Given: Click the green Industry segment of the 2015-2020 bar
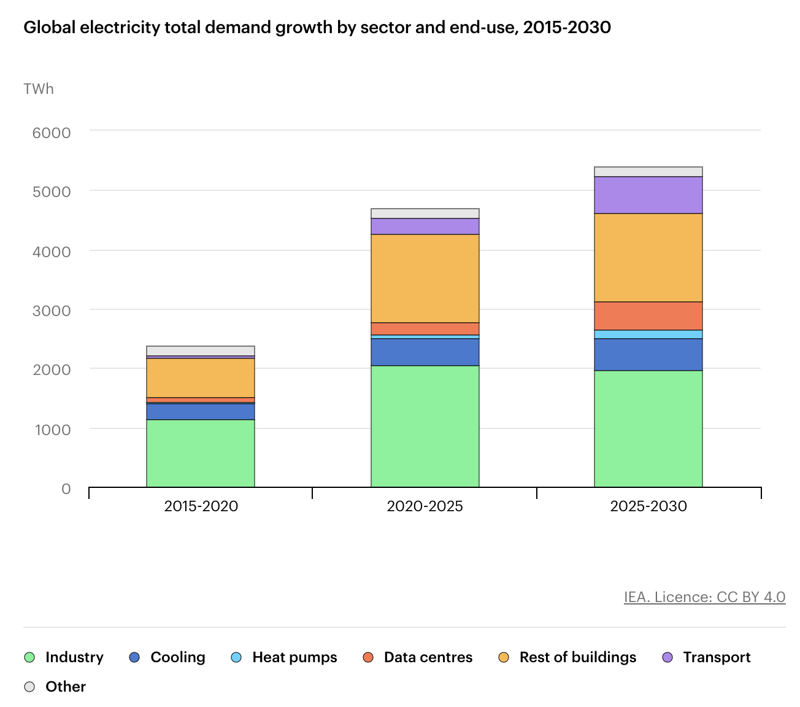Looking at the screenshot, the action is (200, 453).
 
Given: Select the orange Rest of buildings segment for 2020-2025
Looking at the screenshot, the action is (425, 279).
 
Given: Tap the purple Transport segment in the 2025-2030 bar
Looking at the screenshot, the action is (648, 195).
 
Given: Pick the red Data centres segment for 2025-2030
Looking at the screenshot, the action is (648, 316).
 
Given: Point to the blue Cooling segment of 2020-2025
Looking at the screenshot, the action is (425, 352).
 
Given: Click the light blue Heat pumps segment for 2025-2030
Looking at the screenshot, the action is (648, 334).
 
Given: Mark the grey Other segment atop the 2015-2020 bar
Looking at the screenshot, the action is (200, 350).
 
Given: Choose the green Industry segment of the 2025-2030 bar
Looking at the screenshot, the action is (648, 428).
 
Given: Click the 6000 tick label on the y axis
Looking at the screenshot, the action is (52, 133).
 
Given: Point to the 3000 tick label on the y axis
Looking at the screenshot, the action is (52, 311).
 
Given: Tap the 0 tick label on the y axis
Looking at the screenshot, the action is (66, 489).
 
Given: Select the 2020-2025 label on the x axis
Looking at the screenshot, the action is (425, 506).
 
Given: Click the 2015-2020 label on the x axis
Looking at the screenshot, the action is (201, 506).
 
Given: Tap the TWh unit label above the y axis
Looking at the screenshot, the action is (38, 89).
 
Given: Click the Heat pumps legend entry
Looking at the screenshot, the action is (284, 657).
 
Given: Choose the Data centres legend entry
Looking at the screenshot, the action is (417, 657).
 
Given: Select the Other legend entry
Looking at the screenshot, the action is (55, 687).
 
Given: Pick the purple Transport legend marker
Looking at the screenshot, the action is (667, 657).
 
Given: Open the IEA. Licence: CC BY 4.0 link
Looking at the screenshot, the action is (704, 597).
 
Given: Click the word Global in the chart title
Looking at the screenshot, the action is (49, 27).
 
